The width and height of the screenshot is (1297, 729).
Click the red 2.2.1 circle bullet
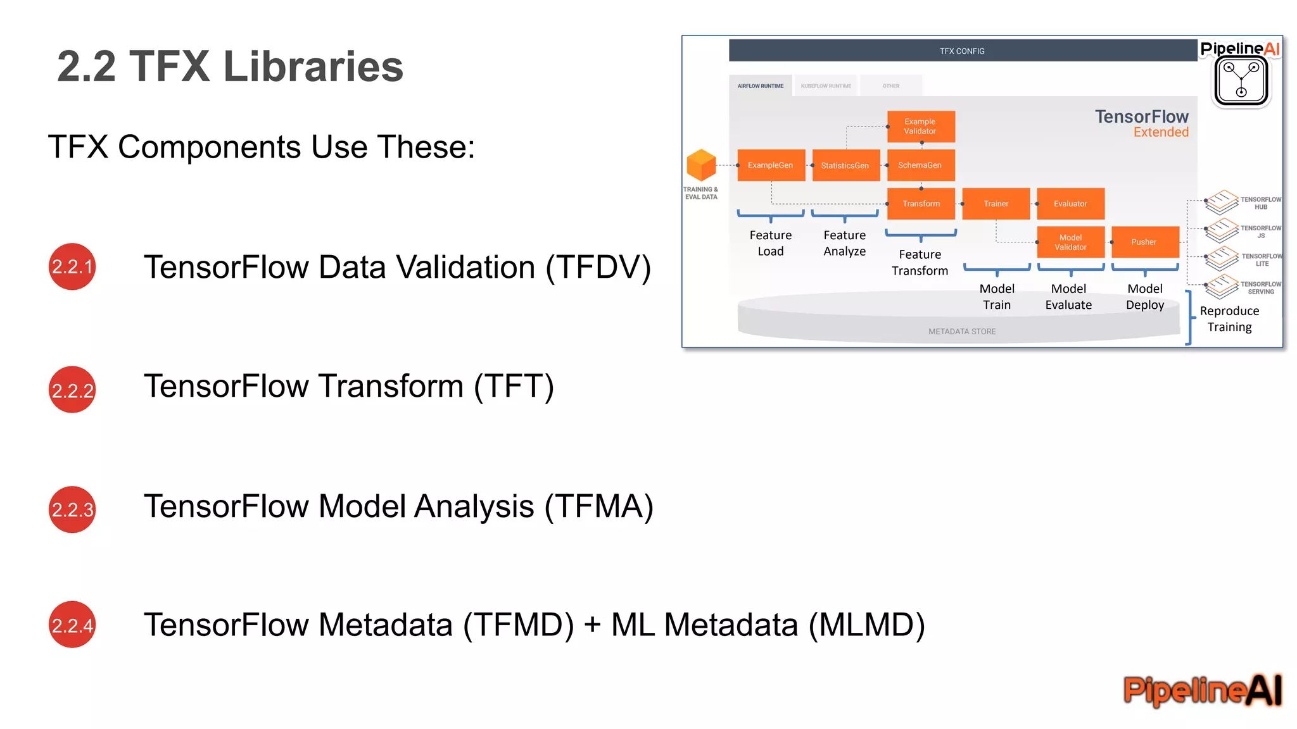point(72,266)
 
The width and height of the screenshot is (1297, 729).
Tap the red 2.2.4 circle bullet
point(72,625)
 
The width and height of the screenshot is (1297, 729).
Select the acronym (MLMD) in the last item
point(866,625)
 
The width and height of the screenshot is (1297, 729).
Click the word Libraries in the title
point(313,66)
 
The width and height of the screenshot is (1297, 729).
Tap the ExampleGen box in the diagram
point(771,165)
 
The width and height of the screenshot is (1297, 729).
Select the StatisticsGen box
point(845,165)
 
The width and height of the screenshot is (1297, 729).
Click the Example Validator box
point(920,126)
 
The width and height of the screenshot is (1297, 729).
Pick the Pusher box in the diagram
point(1144,242)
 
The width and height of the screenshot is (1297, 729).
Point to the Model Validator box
point(1070,242)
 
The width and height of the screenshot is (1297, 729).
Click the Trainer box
point(996,204)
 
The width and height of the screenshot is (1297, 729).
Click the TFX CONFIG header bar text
point(962,51)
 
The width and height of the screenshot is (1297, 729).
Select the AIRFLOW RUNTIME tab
point(761,86)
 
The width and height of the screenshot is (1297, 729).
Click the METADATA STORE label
point(962,332)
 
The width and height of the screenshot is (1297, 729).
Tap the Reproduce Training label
point(1229,319)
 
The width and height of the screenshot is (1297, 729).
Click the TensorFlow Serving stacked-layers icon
point(1222,287)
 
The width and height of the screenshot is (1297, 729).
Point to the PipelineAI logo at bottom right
point(1202,690)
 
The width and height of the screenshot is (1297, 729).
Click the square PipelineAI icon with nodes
point(1241,82)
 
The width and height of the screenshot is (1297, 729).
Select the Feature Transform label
point(920,263)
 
